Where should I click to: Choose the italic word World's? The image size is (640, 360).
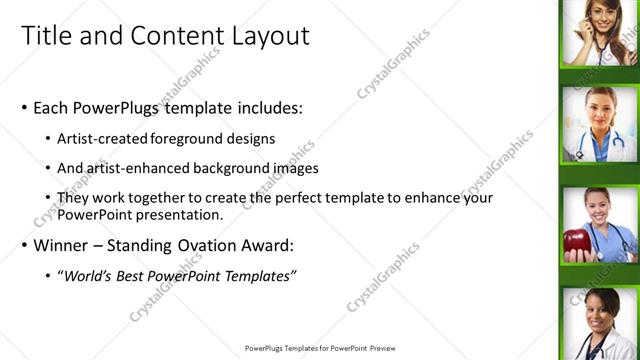pyautogui.click(x=87, y=275)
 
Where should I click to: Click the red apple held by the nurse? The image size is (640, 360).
pyautogui.click(x=576, y=242)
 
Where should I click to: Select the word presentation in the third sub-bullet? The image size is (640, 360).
pyautogui.click(x=170, y=215)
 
